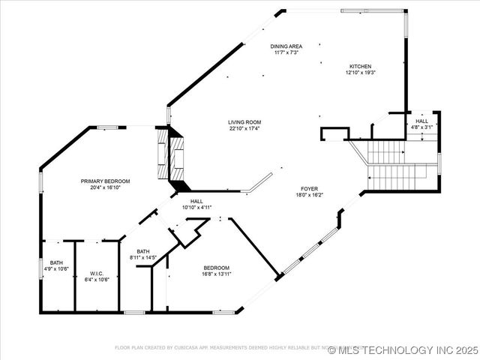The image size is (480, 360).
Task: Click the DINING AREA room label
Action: click(x=286, y=46)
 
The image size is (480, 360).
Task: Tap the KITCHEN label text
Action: click(x=359, y=65)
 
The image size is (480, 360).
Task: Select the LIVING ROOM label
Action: click(x=244, y=121)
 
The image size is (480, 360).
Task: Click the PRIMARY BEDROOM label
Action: click(x=106, y=181)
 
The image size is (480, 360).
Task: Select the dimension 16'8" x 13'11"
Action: click(x=217, y=274)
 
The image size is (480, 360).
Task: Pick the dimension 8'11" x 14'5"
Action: click(x=142, y=257)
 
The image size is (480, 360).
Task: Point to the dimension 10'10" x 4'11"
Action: click(x=196, y=208)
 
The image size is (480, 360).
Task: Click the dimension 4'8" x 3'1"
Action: click(x=421, y=127)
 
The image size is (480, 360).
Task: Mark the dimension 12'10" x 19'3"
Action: click(x=359, y=73)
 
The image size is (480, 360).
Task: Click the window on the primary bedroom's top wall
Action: click(x=107, y=127)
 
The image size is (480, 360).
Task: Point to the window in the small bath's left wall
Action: click(x=41, y=268)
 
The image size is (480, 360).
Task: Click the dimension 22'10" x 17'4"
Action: click(x=244, y=128)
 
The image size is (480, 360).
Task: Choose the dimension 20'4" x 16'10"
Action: click(x=106, y=188)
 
